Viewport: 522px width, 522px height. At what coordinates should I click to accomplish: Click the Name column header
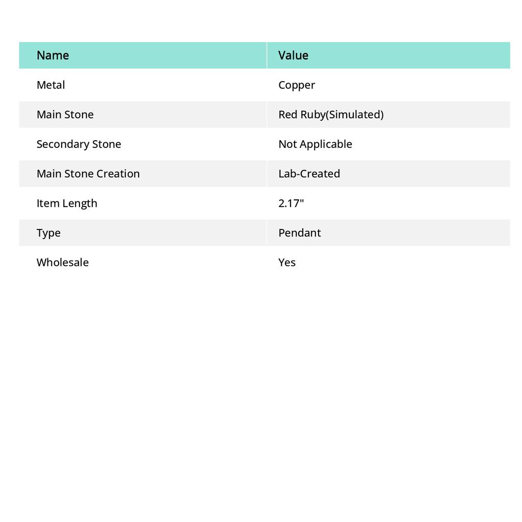click(x=53, y=55)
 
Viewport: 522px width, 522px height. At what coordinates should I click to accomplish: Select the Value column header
click(x=293, y=55)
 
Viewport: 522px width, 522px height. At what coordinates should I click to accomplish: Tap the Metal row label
click(x=50, y=85)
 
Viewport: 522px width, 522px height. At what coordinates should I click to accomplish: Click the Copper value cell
click(x=297, y=85)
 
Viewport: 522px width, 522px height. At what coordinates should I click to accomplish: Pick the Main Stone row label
click(x=65, y=114)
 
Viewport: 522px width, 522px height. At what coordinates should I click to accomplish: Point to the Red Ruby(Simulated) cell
click(x=331, y=114)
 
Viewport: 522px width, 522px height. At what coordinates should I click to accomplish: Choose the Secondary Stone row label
click(x=79, y=144)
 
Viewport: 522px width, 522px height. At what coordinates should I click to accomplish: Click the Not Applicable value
click(x=315, y=144)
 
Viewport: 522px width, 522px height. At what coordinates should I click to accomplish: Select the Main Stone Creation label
click(x=88, y=173)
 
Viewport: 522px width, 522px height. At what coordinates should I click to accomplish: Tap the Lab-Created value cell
click(x=309, y=173)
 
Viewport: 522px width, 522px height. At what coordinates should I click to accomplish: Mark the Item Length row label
click(x=67, y=203)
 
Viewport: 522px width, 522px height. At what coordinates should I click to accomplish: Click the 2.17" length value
click(x=291, y=203)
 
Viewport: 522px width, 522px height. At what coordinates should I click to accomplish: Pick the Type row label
click(x=48, y=233)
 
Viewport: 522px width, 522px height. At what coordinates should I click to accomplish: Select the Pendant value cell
click(x=299, y=232)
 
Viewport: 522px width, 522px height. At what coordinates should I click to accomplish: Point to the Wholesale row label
click(x=62, y=262)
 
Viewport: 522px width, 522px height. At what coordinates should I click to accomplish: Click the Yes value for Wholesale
click(x=287, y=262)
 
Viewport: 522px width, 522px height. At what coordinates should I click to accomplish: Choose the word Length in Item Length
click(x=80, y=203)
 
